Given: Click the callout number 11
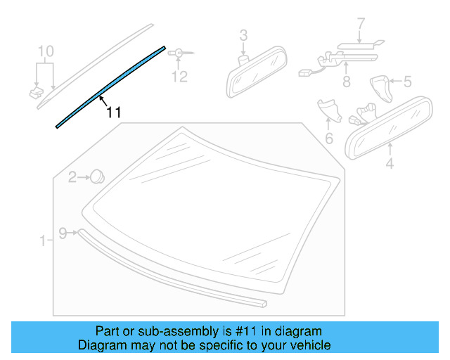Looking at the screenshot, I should [114, 112].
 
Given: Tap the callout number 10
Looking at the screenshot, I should [45, 51].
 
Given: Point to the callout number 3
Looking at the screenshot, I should [243, 34].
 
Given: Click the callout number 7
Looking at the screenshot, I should [361, 25].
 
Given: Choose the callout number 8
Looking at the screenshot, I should [346, 82].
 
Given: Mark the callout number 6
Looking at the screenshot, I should [328, 139].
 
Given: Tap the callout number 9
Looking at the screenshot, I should [63, 233].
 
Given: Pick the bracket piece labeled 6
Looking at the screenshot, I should [328, 109].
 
